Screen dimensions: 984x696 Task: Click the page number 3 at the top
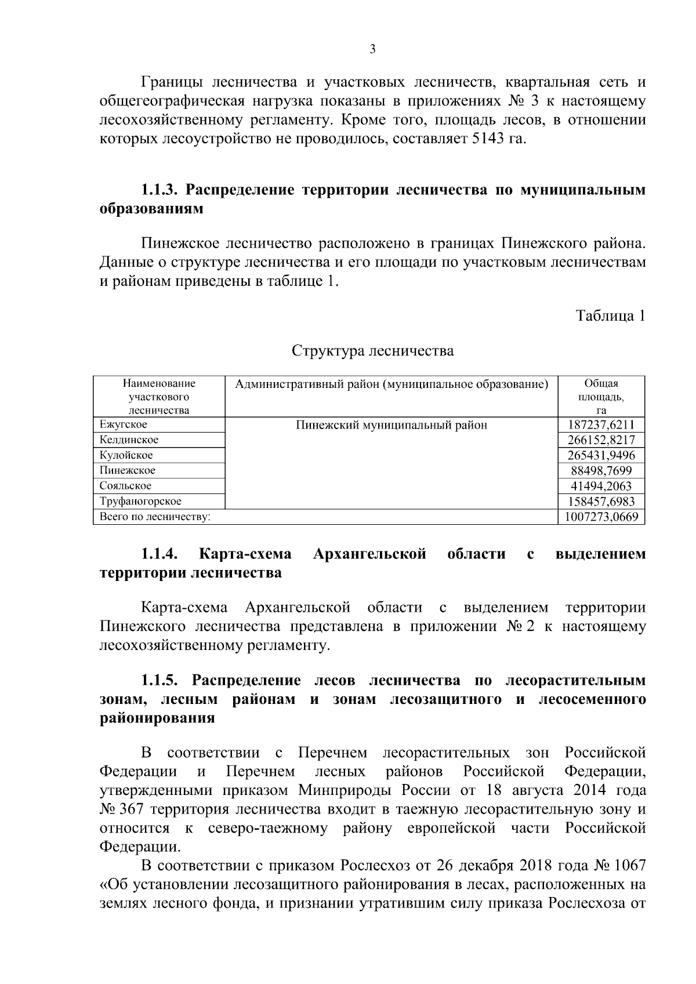pyautogui.click(x=372, y=49)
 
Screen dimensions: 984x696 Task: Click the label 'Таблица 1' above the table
pyautogui.click(x=610, y=316)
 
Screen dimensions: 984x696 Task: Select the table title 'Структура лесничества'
pyautogui.click(x=372, y=351)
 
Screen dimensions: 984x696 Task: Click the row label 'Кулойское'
pyautogui.click(x=126, y=455)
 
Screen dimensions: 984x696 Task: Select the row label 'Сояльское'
pyautogui.click(x=125, y=486)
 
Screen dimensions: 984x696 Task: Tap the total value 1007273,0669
pyautogui.click(x=601, y=517)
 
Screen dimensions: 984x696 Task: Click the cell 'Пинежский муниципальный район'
pyautogui.click(x=391, y=425)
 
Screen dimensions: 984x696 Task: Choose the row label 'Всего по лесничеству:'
pyautogui.click(x=155, y=517)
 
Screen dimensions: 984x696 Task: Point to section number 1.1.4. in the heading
pyautogui.click(x=159, y=554)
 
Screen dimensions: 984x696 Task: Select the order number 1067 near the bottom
pyautogui.click(x=629, y=866)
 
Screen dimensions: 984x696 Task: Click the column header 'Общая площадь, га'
pyautogui.click(x=601, y=397)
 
